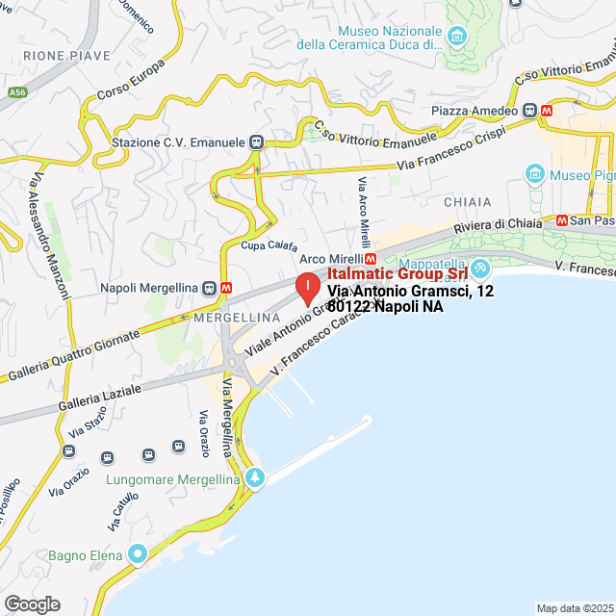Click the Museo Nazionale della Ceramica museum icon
[x=456, y=38]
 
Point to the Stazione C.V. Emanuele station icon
[x=256, y=141]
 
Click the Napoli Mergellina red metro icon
[x=225, y=288]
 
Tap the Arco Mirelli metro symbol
[x=370, y=259]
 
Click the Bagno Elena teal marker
[x=138, y=554]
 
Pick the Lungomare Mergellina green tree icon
[x=254, y=477]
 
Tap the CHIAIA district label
[x=468, y=202]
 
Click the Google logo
[x=31, y=603]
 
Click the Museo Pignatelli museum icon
[x=534, y=174]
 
